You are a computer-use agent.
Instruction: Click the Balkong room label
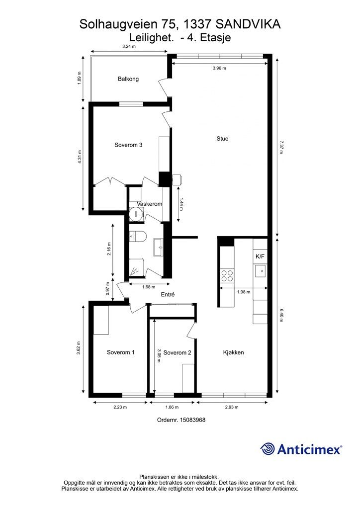(128, 79)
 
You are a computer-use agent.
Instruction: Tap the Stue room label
(222, 139)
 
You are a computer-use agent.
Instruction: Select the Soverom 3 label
(128, 145)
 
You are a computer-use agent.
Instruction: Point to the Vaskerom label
(149, 204)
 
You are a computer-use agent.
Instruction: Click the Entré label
(168, 294)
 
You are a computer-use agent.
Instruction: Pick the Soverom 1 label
(120, 352)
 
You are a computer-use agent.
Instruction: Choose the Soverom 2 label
(177, 352)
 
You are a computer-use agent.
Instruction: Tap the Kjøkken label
(233, 352)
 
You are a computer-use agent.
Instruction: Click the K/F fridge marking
(260, 256)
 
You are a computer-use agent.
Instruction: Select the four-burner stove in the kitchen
(227, 276)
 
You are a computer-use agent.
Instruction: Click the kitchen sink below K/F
(261, 271)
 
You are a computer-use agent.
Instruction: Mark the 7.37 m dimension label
(281, 147)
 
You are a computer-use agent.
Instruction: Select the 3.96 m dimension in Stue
(219, 68)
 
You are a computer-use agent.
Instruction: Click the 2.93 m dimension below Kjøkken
(232, 407)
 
